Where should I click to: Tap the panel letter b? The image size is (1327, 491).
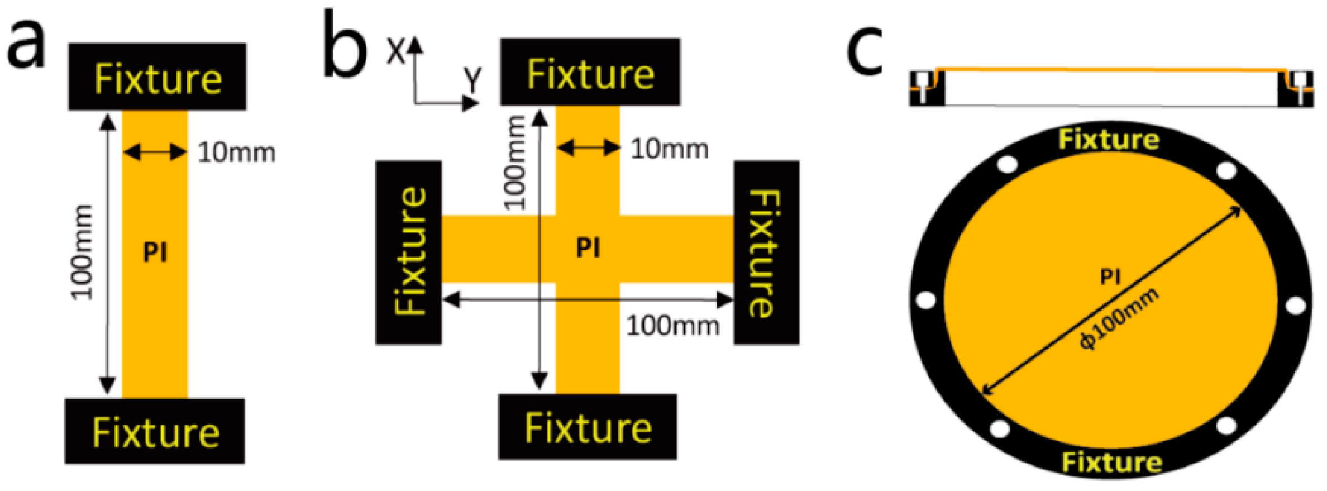[345, 48]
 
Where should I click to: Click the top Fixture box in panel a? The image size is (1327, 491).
[157, 77]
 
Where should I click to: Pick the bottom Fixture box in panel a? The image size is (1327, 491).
[155, 431]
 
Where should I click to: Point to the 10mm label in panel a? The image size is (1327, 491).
[237, 152]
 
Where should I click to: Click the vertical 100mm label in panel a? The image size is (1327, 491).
[82, 252]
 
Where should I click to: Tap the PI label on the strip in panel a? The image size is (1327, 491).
[155, 252]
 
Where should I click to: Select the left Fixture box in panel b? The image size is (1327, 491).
[409, 252]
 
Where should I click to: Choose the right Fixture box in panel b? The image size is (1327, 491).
[766, 252]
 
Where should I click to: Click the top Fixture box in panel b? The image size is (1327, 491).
[590, 73]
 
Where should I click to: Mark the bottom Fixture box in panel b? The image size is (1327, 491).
[588, 427]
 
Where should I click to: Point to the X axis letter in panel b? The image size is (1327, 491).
[396, 52]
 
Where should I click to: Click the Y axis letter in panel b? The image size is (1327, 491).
[473, 79]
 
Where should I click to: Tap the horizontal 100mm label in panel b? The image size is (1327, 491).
[672, 326]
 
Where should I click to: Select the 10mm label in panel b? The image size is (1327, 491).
[669, 149]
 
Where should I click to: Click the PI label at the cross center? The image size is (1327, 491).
[588, 247]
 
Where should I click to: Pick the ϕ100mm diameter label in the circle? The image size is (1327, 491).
[1119, 320]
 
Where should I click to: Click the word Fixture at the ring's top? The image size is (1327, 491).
[1109, 139]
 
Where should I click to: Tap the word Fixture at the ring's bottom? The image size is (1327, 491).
[1111, 463]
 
